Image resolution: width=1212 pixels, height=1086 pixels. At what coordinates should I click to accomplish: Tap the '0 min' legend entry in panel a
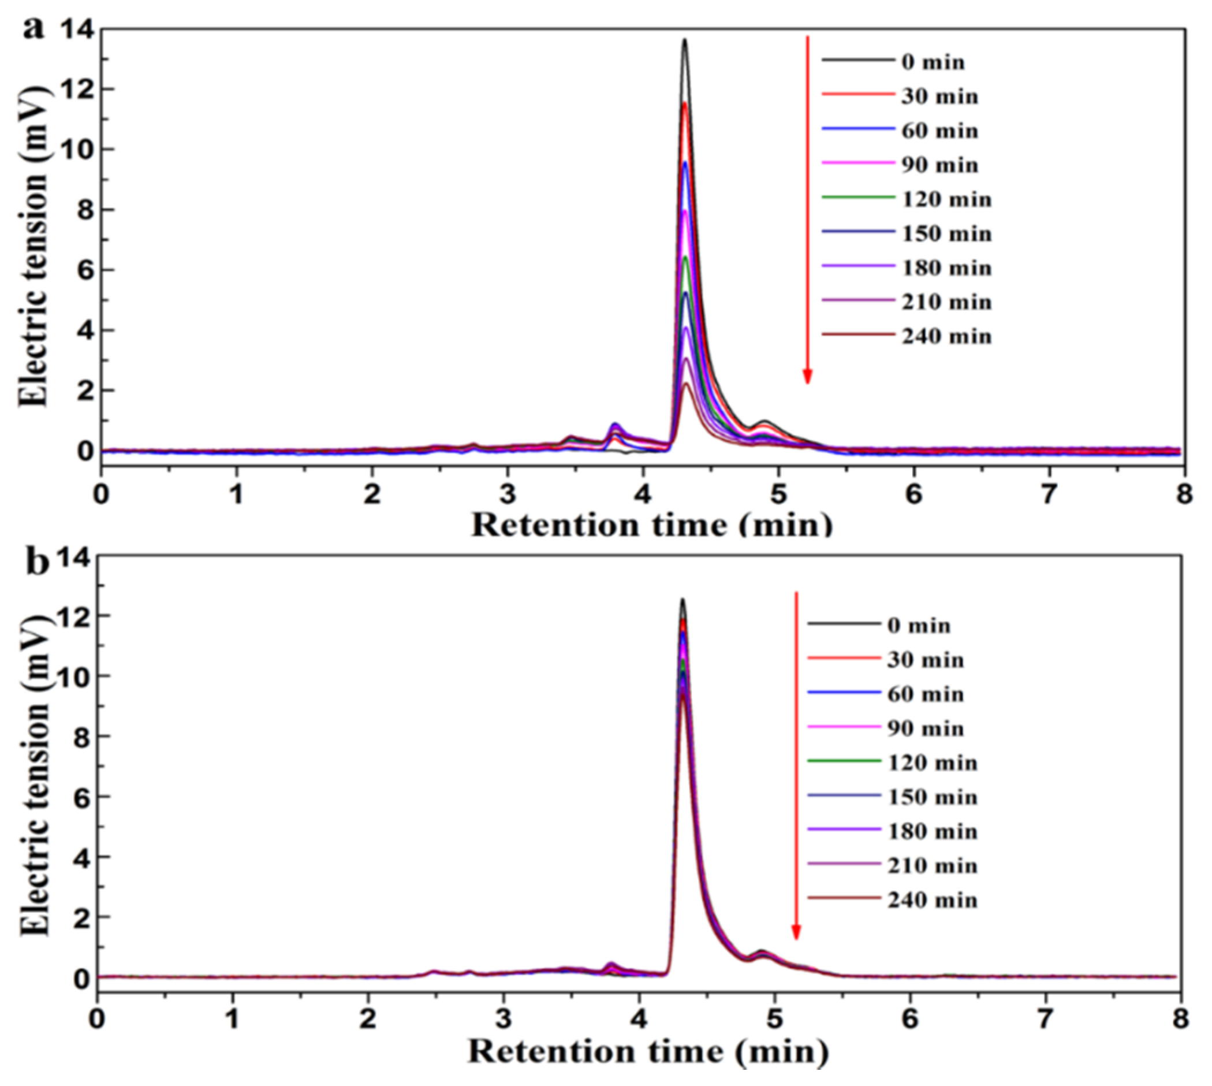point(933,62)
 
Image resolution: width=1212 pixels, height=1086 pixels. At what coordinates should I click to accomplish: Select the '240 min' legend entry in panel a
point(946,337)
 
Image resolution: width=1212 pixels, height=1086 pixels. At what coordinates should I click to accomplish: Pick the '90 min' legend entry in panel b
point(925,728)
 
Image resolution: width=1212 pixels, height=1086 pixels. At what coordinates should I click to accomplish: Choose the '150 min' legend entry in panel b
point(933,797)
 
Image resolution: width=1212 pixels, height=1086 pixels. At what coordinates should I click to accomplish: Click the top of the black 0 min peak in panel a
point(685,40)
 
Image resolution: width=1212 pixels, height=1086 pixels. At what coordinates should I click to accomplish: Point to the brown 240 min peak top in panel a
point(686,383)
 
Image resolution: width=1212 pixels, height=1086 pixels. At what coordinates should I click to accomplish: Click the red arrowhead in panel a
point(807,376)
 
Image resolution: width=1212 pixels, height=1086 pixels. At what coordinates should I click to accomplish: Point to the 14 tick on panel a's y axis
point(79,29)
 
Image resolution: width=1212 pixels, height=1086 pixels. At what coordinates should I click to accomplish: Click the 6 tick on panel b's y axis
point(77,797)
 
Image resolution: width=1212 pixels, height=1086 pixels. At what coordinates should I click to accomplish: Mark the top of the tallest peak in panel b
point(682,600)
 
